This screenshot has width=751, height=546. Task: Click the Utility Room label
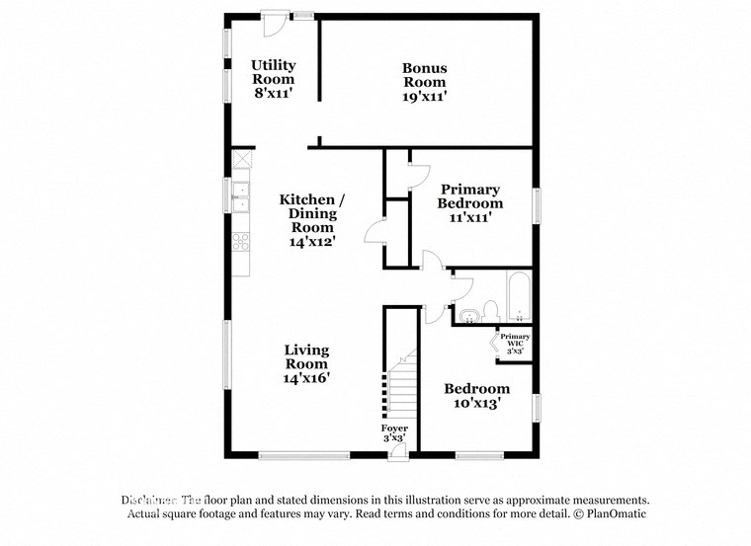(x=273, y=79)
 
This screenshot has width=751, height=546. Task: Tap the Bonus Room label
(x=424, y=82)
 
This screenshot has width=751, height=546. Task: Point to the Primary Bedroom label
(x=470, y=202)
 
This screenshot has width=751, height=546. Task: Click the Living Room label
(x=306, y=363)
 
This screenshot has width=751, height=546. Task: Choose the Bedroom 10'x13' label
(x=476, y=395)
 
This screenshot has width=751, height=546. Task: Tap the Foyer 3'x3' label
(x=394, y=432)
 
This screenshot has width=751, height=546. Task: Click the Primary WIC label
(x=514, y=343)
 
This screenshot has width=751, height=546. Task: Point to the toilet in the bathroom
(x=491, y=312)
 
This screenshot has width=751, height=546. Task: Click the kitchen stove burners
(x=240, y=240)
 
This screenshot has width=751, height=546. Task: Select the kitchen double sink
(x=240, y=196)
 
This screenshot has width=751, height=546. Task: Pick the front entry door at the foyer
(x=397, y=452)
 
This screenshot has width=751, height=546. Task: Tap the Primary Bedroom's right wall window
(x=538, y=205)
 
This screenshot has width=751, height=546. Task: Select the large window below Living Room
(x=304, y=455)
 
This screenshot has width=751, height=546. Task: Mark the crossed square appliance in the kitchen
(x=241, y=158)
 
